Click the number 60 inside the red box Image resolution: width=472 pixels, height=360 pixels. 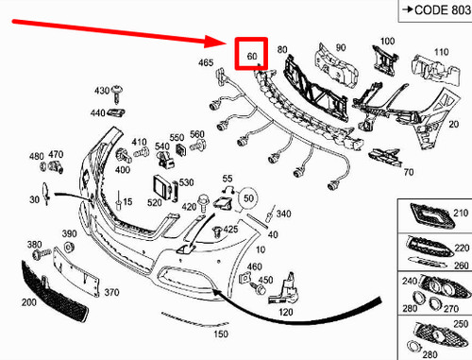252,58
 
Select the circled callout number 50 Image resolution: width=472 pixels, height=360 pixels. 248,198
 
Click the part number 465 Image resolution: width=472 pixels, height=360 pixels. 206,63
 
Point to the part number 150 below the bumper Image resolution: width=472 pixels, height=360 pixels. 221,334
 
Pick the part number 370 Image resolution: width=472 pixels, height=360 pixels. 111,294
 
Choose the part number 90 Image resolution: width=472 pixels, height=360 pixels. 341,46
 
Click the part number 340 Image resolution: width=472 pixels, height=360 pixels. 283,214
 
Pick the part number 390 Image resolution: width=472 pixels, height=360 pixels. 69,233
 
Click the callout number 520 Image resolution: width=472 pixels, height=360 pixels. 155,203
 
